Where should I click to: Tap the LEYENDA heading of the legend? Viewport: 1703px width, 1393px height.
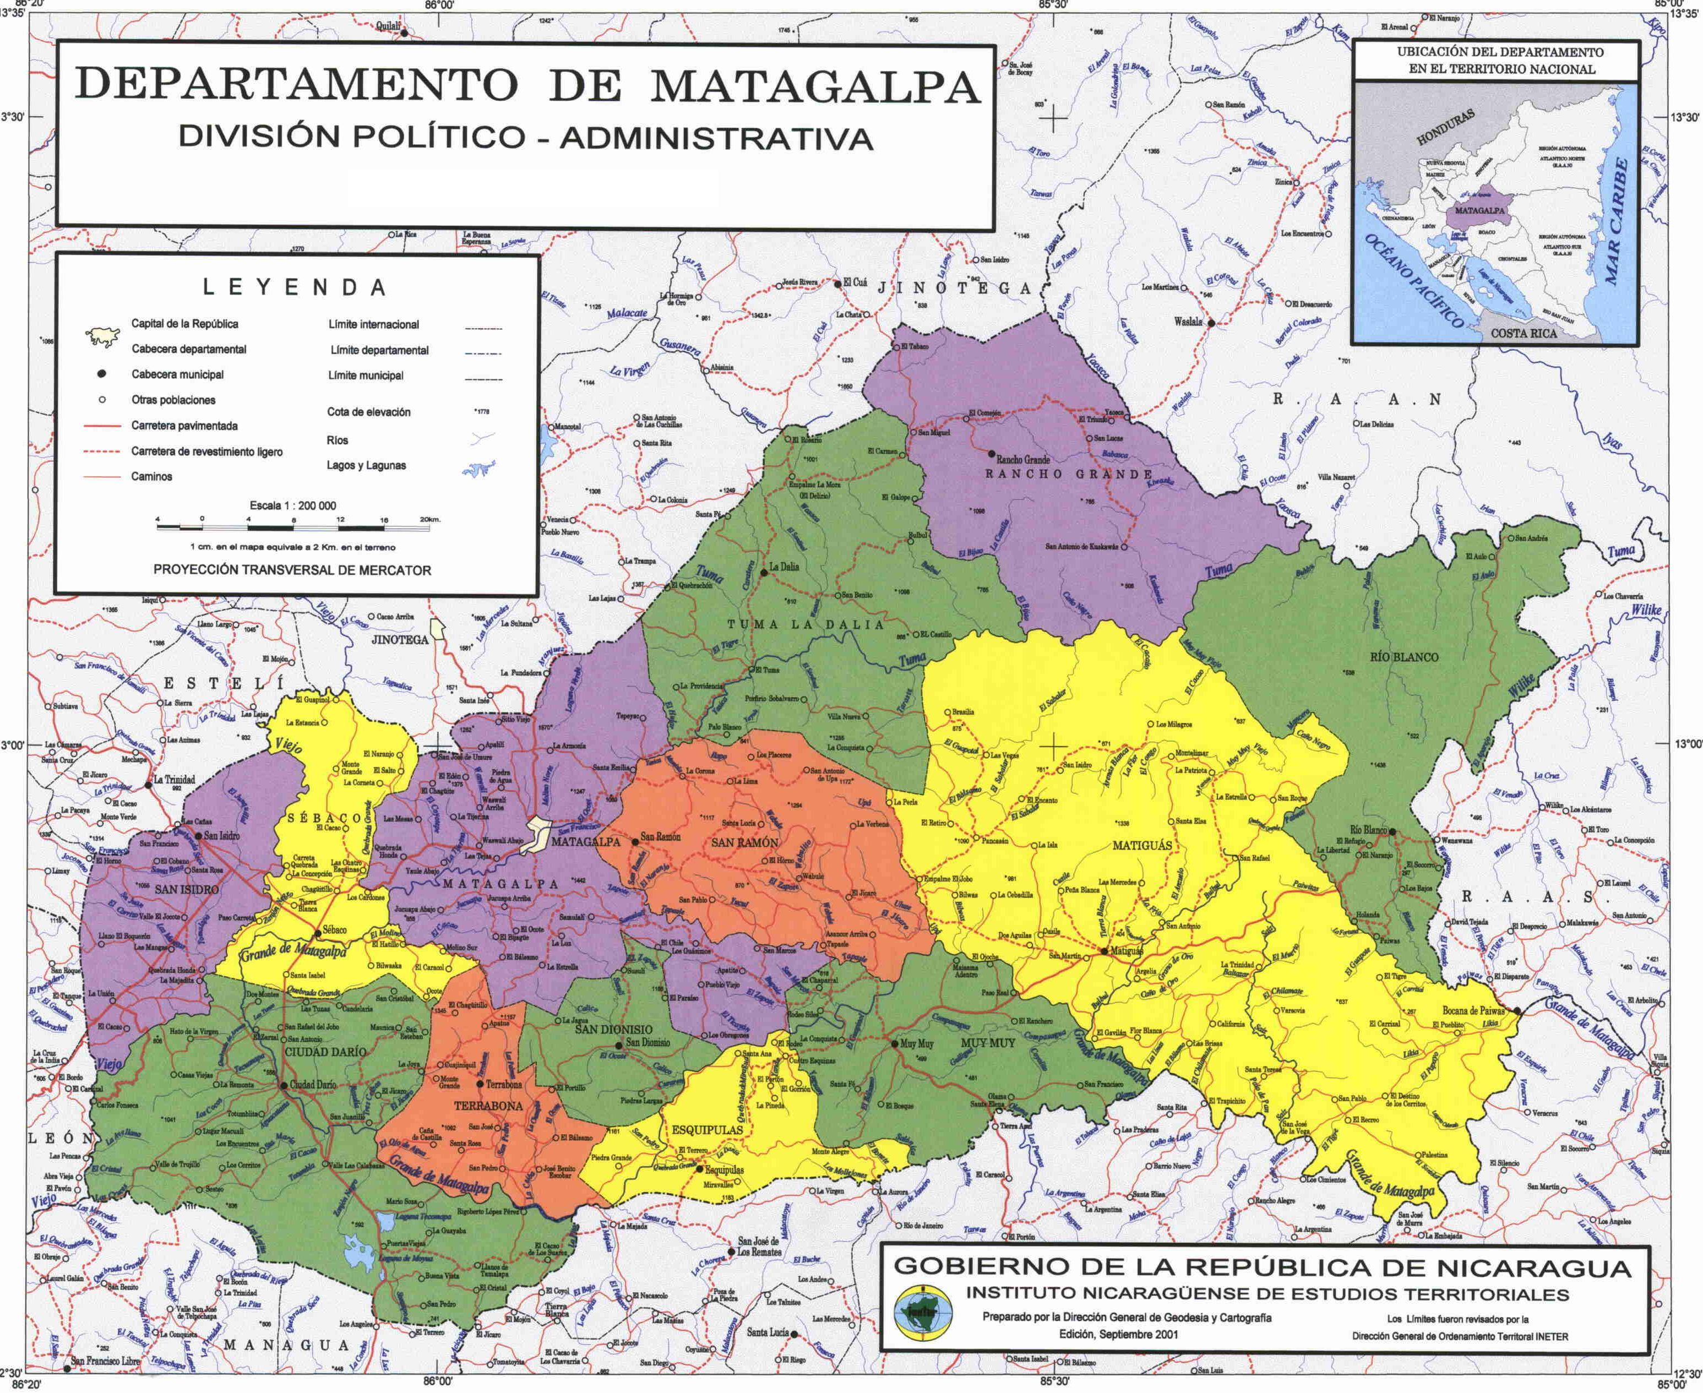click(295, 287)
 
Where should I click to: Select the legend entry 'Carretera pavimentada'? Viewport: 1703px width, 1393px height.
click(184, 426)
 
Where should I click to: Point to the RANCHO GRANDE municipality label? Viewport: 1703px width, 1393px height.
click(1068, 474)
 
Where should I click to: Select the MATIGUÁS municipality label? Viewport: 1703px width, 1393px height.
click(1142, 846)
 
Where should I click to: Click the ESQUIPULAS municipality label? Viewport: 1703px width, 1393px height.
click(706, 1129)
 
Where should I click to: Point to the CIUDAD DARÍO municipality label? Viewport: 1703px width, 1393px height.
click(324, 1051)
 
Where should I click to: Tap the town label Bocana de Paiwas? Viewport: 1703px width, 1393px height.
click(1473, 1010)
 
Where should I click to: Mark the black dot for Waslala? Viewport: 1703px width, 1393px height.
click(1212, 323)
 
